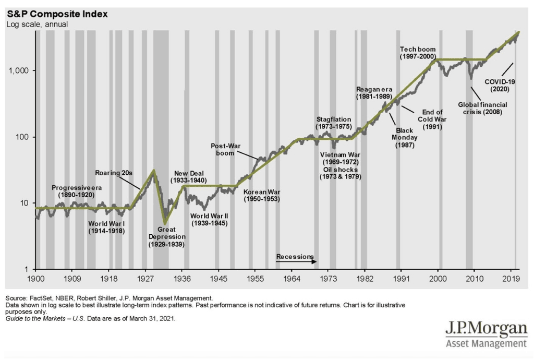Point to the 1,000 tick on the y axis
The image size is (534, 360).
(x=20, y=70)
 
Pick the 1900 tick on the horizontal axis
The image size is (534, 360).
(x=35, y=279)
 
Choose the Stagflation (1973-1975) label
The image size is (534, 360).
(x=334, y=123)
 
